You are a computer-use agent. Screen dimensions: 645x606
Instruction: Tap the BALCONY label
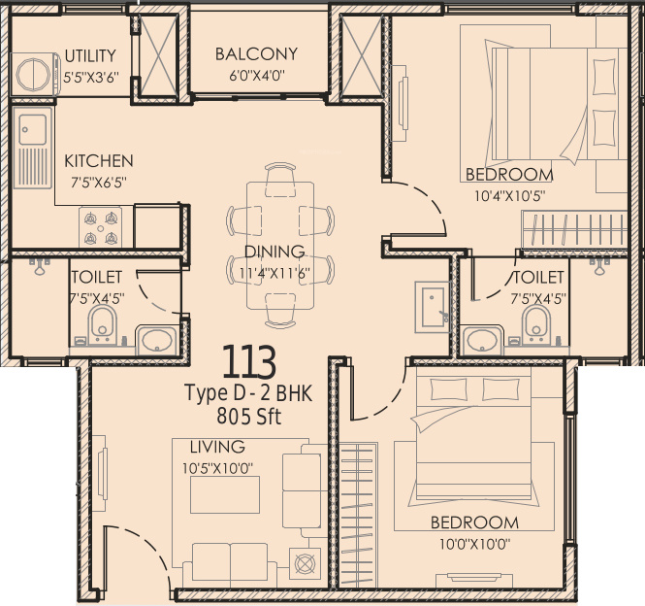256,54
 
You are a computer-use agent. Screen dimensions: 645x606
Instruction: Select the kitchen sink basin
33,129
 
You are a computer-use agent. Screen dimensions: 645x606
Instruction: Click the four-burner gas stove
101,227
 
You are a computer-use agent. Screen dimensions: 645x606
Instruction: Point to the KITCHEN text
99,160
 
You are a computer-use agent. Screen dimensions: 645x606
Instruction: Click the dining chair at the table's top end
280,180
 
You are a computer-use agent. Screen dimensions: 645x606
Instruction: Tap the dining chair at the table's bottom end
280,311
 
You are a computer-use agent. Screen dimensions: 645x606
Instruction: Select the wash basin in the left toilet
157,341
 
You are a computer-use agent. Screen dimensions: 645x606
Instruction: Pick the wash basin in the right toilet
482,341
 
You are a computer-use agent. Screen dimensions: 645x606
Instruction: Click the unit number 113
249,361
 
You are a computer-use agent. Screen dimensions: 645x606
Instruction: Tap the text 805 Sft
249,416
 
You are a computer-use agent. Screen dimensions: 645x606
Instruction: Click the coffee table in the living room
225,494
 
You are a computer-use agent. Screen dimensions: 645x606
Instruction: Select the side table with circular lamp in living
305,564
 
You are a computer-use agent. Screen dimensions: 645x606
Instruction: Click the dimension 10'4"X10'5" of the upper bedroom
509,196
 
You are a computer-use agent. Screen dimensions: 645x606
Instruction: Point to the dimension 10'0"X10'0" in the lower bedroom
474,545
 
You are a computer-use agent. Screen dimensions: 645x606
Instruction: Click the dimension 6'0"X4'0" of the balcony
257,76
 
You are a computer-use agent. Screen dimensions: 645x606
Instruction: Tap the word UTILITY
90,55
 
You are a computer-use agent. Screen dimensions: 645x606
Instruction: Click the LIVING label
217,447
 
